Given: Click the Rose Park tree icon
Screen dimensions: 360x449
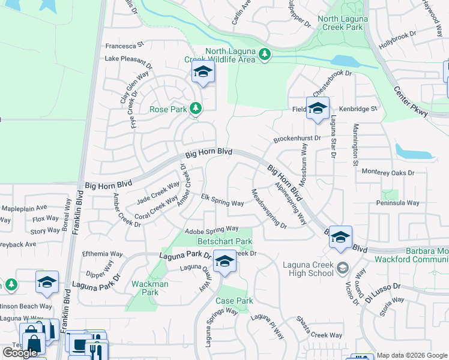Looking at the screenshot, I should pos(194,109).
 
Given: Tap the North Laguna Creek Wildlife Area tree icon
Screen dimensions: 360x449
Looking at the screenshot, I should pos(264,56).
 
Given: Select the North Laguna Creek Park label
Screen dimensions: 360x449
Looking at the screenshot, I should pos(342,23).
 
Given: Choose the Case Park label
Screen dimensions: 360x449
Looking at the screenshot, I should pos(234,301).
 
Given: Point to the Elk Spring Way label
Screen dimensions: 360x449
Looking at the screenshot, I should pos(222,200).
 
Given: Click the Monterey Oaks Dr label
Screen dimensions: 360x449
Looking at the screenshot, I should pos(388,172).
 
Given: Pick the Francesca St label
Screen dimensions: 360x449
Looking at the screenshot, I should pos(125,44).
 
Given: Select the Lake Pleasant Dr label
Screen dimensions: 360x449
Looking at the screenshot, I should pos(128,60).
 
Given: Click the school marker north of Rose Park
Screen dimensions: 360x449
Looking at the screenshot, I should pos(203,74).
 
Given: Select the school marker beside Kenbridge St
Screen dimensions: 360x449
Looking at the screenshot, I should pos(318,109).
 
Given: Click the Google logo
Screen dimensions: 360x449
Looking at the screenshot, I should pos(20,353).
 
